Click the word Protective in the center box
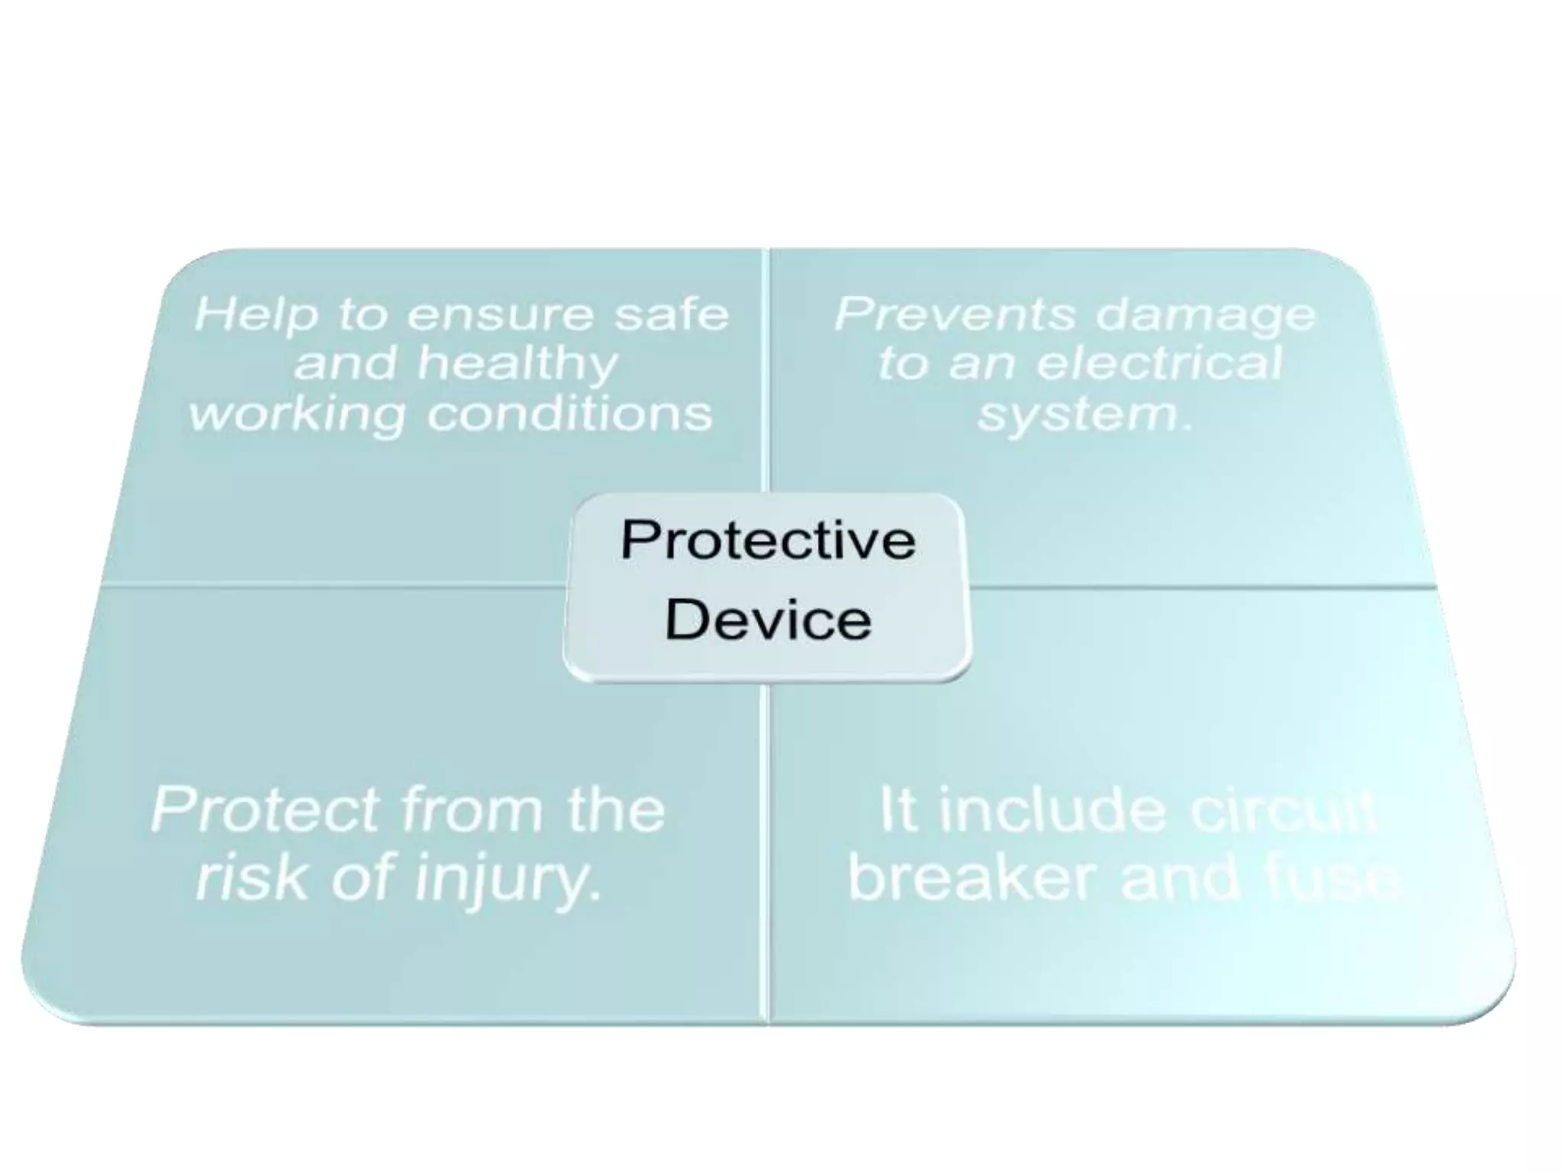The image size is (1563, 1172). tap(768, 540)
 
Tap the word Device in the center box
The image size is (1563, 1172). tap(768, 620)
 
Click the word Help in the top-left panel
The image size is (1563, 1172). tap(256, 314)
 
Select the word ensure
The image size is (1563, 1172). tap(500, 314)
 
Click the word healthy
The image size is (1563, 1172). tap(517, 365)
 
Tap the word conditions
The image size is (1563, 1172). tap(569, 414)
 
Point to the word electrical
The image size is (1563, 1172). tap(1160, 363)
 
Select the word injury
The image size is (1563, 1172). tap(507, 879)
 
